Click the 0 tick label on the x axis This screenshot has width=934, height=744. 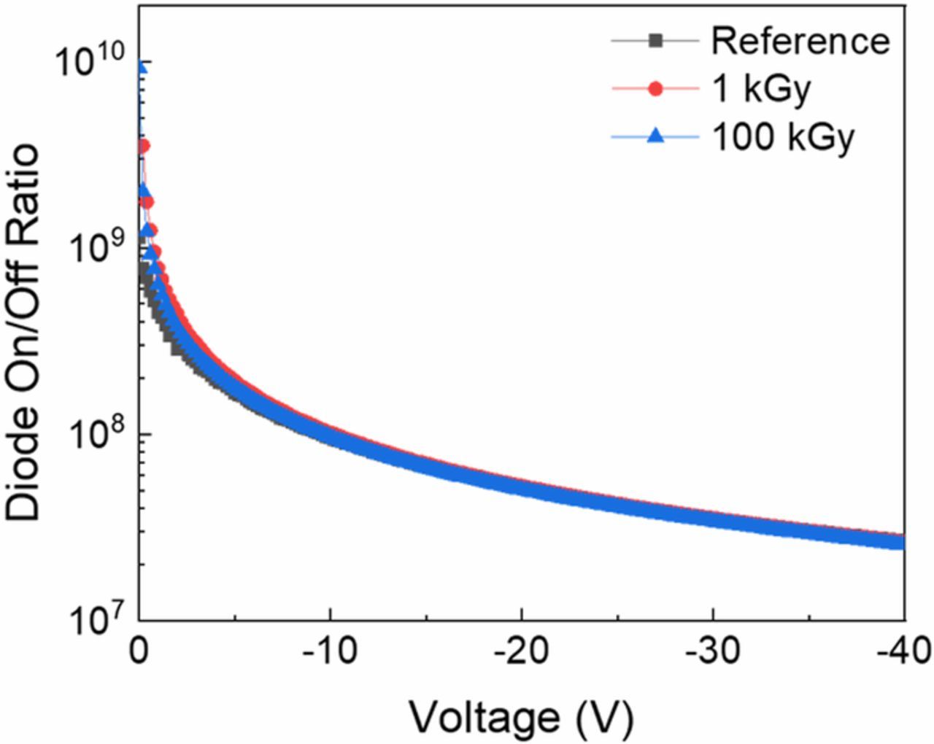pyautogui.click(x=139, y=650)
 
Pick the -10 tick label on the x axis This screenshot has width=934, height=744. pyautogui.click(x=330, y=650)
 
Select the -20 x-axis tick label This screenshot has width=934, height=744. pyautogui.click(x=521, y=650)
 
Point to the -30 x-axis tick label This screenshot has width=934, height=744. pyautogui.click(x=712, y=650)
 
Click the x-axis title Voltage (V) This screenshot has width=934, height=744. pyautogui.click(x=521, y=718)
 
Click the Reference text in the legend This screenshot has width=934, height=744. pyautogui.click(x=800, y=41)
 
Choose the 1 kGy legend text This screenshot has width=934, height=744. pyautogui.click(x=761, y=88)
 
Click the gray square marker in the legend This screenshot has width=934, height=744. pyautogui.click(x=655, y=41)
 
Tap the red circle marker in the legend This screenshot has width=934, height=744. pyautogui.click(x=655, y=88)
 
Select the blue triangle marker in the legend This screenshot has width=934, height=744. pyautogui.click(x=655, y=136)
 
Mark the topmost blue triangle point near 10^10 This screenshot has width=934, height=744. pyautogui.click(x=142, y=68)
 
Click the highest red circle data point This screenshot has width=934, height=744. pyautogui.click(x=143, y=147)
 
